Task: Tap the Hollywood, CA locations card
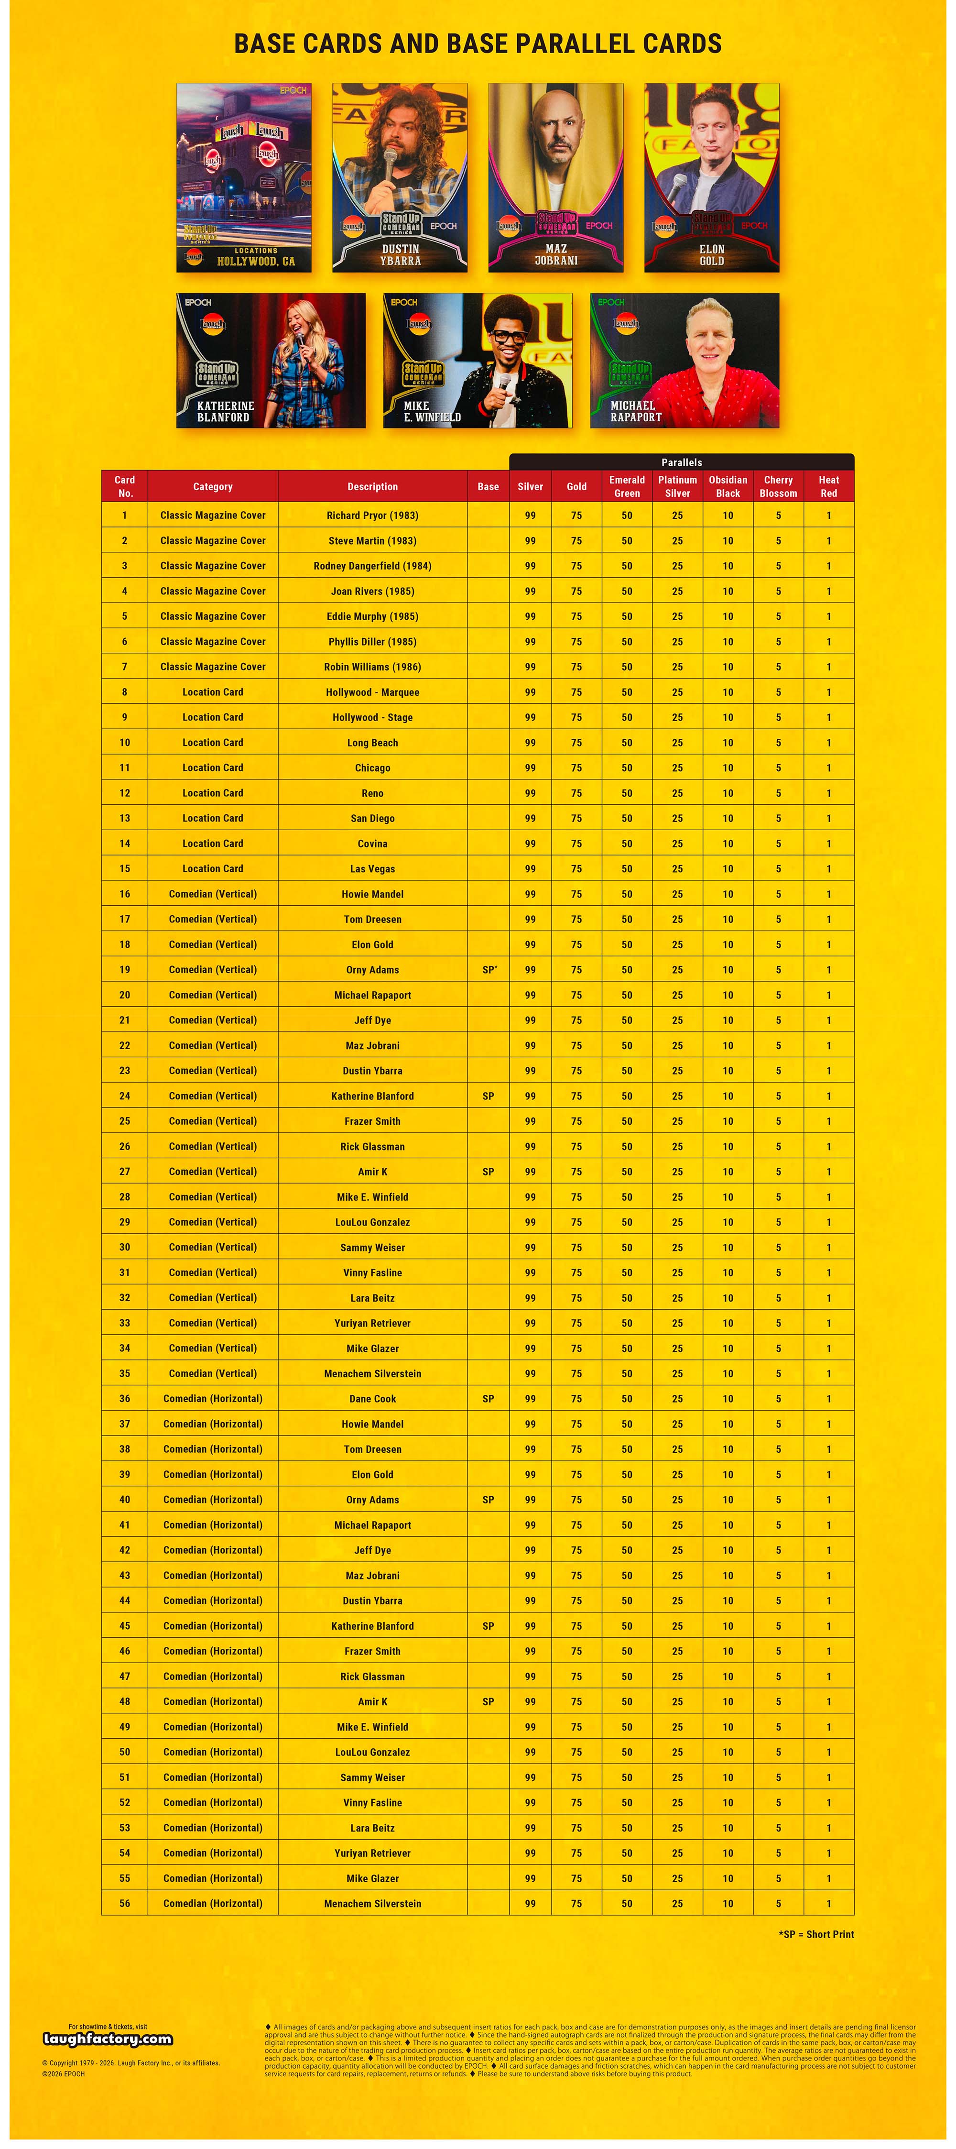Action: click(244, 177)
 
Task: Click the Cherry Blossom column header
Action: click(778, 486)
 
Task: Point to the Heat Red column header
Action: click(828, 486)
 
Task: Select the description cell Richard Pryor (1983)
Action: click(372, 515)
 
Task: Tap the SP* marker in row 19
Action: click(489, 969)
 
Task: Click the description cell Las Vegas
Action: click(372, 868)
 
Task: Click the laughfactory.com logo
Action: click(108, 2039)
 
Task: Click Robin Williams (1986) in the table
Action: click(372, 667)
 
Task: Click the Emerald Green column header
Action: click(627, 486)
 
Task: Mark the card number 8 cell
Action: click(124, 691)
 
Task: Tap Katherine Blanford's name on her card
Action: click(224, 411)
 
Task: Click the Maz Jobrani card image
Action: click(555, 177)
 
